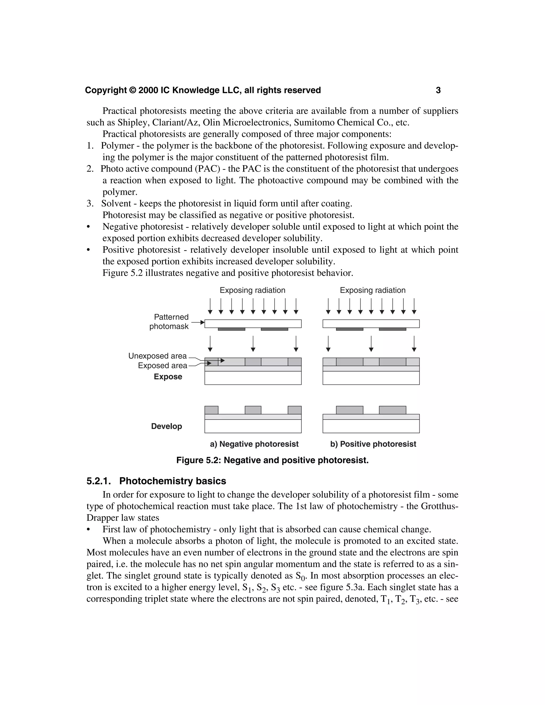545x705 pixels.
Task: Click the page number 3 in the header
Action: pos(438,90)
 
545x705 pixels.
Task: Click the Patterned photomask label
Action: pos(169,322)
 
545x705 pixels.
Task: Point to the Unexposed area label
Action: pos(158,356)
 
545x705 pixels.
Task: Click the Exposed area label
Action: pos(162,366)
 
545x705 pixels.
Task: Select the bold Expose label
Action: pos(168,377)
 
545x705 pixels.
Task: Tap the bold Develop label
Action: pos(167,426)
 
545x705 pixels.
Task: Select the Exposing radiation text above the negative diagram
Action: pos(253,290)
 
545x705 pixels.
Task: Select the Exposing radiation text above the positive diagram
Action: pos(373,290)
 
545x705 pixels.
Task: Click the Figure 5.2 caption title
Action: pos(272,460)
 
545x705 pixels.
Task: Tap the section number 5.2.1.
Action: pos(98,481)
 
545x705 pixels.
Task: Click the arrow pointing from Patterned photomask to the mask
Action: pos(198,322)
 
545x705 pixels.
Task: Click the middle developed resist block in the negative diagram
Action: pos(253,410)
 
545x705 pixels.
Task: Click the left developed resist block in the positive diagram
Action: pos(349,410)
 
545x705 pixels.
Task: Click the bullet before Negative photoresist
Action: pos(88,227)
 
